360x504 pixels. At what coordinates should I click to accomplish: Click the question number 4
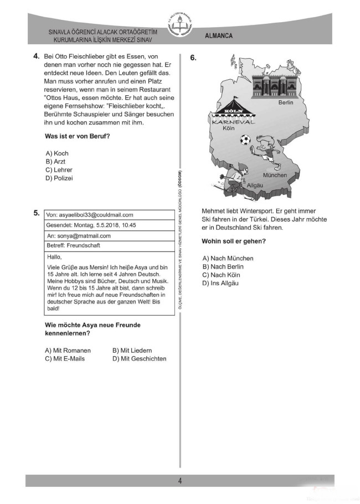point(35,56)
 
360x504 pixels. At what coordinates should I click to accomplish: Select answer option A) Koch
point(57,153)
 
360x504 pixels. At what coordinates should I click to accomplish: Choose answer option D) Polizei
point(59,178)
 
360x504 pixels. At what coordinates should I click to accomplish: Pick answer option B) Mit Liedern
point(132,351)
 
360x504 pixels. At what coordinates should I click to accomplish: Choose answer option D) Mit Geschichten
point(139,359)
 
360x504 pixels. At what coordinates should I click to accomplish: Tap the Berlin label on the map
point(286,103)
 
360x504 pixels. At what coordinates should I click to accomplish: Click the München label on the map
point(275,175)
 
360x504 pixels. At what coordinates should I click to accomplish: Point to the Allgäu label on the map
point(255,185)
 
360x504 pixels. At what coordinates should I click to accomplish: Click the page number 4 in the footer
point(180,481)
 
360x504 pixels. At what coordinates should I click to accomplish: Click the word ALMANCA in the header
point(219,36)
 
